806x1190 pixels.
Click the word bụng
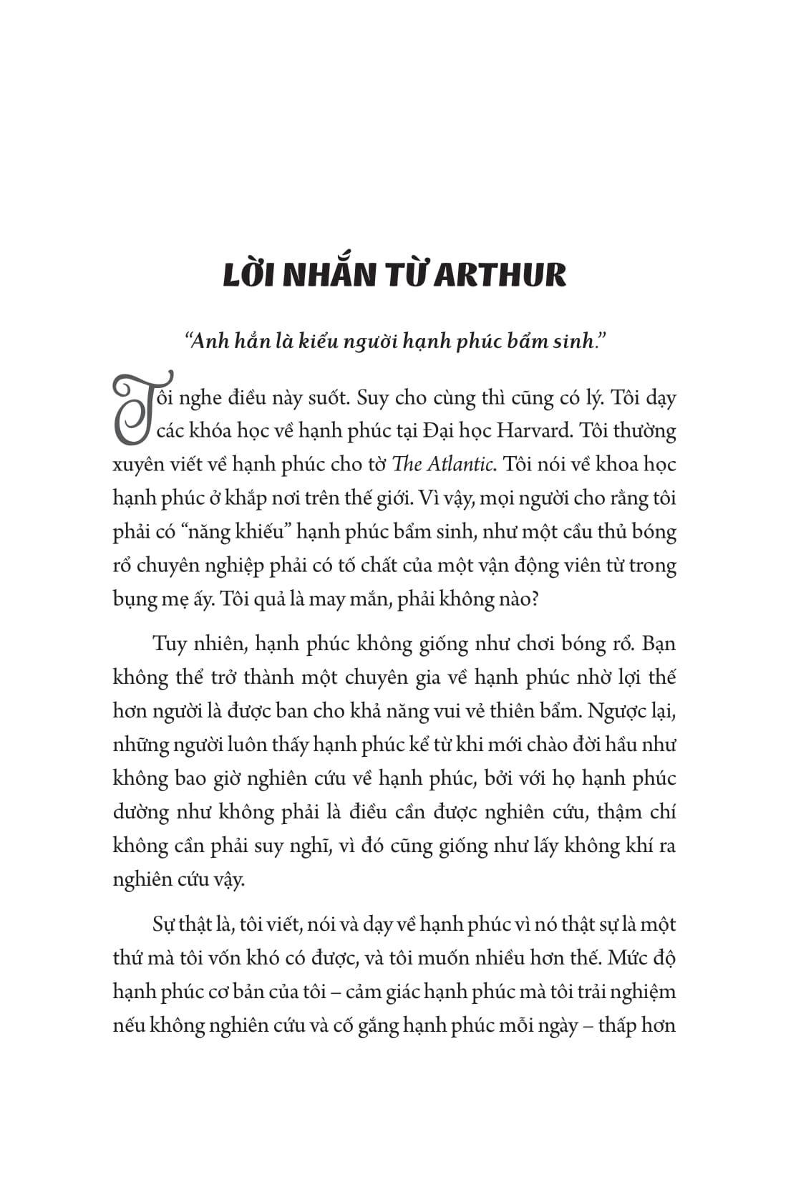134,600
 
